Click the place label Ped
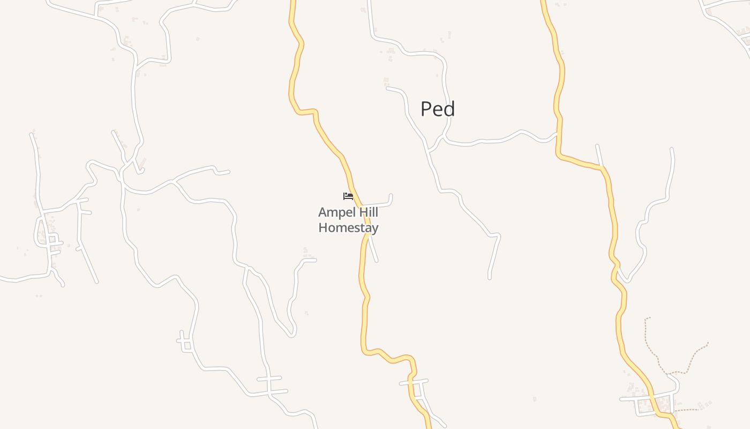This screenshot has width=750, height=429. [438, 109]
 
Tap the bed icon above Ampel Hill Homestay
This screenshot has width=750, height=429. [348, 196]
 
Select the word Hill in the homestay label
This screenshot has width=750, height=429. [367, 212]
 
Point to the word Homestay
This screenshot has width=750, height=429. [348, 227]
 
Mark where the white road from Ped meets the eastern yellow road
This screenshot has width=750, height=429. [557, 134]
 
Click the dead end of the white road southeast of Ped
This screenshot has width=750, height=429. [489, 277]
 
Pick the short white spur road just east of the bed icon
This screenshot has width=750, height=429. [380, 203]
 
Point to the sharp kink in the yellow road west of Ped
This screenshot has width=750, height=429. [313, 112]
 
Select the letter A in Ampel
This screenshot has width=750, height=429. [322, 213]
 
